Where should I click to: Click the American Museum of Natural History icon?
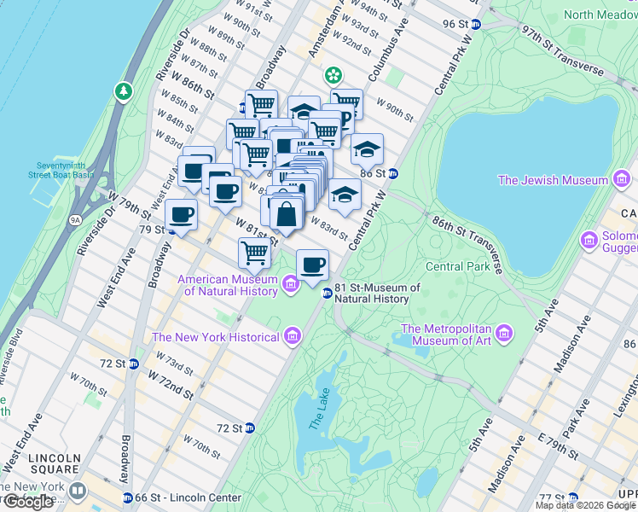point(291,282)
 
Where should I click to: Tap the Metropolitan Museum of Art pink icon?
point(503,332)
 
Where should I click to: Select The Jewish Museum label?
point(553,180)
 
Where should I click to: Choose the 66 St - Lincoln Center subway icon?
point(128,497)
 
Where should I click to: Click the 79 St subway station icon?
point(171,230)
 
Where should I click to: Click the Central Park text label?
point(457,266)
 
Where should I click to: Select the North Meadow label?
point(601,15)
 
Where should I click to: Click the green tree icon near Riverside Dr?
point(125,90)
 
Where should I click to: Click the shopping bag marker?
point(287,213)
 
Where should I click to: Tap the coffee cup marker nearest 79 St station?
point(181,214)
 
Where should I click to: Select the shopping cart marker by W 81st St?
point(254,252)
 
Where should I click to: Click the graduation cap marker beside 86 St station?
point(367,149)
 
